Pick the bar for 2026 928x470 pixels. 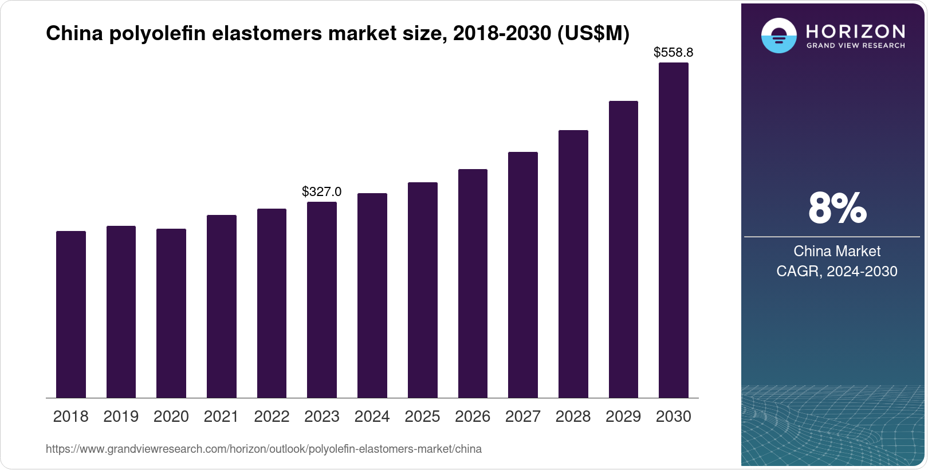coord(473,283)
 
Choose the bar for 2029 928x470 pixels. coord(623,249)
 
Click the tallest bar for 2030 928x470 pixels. coord(674,230)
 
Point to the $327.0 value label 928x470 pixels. coord(322,191)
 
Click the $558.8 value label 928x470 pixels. coord(674,53)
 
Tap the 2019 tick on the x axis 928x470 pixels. coord(121,417)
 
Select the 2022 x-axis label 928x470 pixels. coord(272,417)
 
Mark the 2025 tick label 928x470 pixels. coord(422,417)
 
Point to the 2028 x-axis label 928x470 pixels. coord(573,417)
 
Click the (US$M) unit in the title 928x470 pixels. coord(593,34)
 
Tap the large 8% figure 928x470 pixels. coord(837,208)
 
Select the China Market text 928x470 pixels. coord(837,251)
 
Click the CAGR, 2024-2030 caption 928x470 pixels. coord(837,271)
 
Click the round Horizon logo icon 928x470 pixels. coord(778,36)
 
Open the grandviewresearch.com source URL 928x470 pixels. coord(264,449)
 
